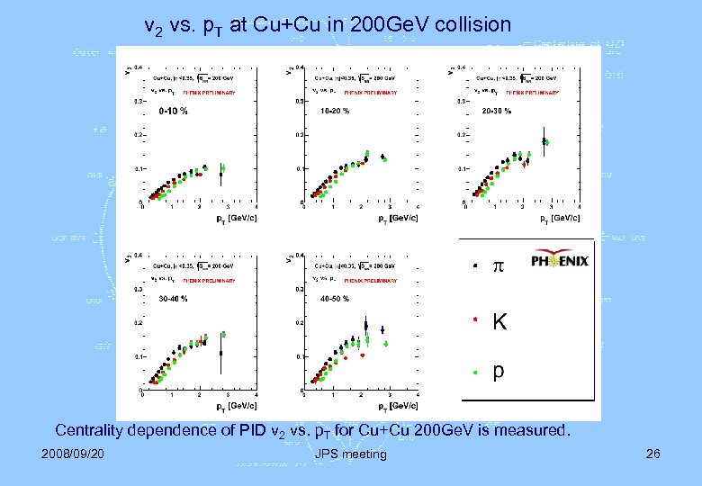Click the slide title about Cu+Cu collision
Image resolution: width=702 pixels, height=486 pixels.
click(x=328, y=26)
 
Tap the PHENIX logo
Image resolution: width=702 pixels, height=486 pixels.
click(x=559, y=261)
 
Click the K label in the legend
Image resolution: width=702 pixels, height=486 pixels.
click(x=499, y=321)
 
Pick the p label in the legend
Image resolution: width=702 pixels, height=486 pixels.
click(x=499, y=372)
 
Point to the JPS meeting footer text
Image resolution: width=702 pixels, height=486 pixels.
click(x=351, y=454)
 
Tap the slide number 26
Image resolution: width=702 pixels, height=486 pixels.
click(x=652, y=454)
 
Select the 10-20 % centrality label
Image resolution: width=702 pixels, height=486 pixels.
click(x=335, y=112)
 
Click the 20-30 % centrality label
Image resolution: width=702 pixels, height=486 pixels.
click(x=496, y=112)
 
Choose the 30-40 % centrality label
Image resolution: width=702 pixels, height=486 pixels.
click(x=173, y=298)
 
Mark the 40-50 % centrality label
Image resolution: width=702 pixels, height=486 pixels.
click(x=335, y=298)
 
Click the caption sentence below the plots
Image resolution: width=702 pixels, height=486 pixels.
click(x=312, y=430)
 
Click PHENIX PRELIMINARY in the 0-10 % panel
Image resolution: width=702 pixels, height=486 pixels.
click(x=207, y=92)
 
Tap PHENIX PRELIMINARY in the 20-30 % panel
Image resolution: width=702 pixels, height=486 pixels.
click(x=531, y=92)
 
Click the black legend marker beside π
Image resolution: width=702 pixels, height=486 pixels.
click(x=475, y=267)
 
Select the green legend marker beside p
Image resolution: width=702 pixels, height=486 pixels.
click(x=475, y=373)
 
